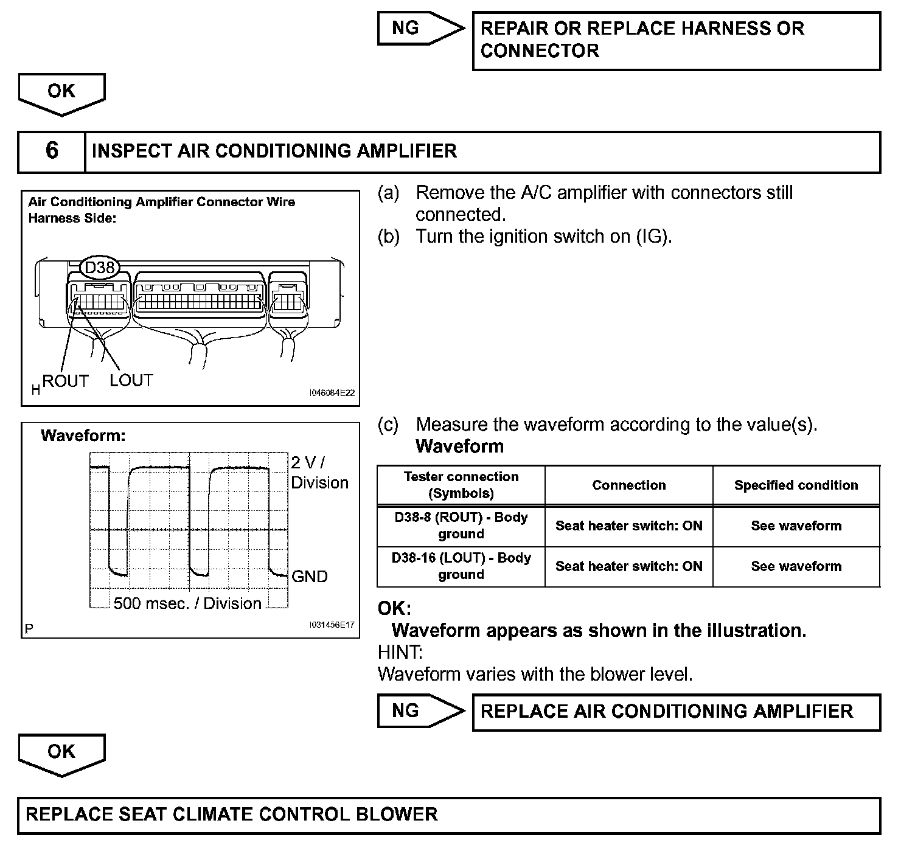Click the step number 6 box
(x=52, y=151)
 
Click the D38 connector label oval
(x=99, y=268)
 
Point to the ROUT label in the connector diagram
(x=66, y=381)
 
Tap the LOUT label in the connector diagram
(x=131, y=381)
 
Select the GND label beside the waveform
(x=310, y=577)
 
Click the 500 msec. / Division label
(x=187, y=603)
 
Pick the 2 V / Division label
(x=319, y=473)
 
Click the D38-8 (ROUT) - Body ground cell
(x=461, y=526)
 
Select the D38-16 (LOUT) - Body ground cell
(x=461, y=566)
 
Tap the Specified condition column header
(x=796, y=485)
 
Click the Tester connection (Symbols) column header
(x=461, y=485)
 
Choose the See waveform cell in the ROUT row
(x=796, y=526)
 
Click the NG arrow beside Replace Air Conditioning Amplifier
(x=420, y=711)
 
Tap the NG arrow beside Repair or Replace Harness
(x=420, y=28)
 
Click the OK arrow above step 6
(x=61, y=93)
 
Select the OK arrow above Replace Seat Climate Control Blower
(x=61, y=754)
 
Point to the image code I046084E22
(x=332, y=394)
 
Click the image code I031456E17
(x=332, y=625)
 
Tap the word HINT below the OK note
(x=400, y=653)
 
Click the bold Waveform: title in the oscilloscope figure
(x=83, y=436)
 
